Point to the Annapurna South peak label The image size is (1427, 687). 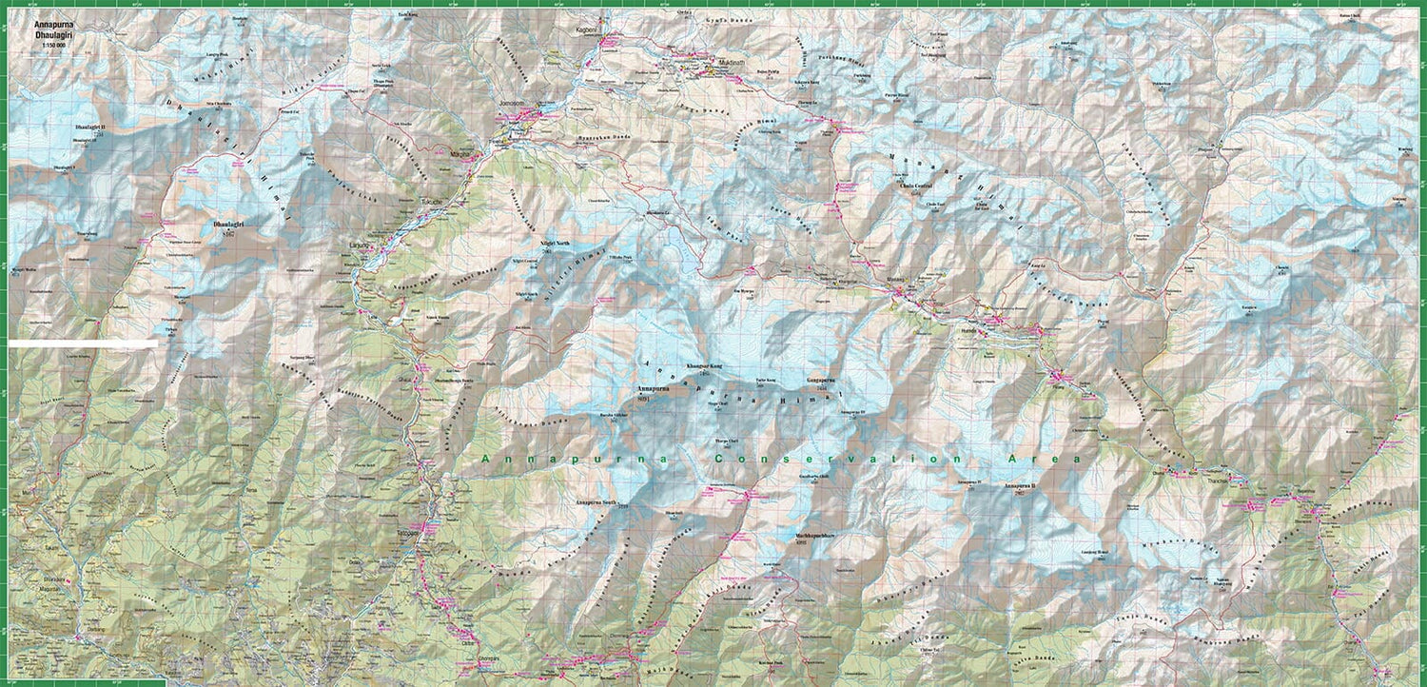pyautogui.click(x=596, y=501)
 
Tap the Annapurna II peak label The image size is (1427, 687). pyautogui.click(x=1011, y=486)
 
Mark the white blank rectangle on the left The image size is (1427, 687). pyautogui.click(x=84, y=342)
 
